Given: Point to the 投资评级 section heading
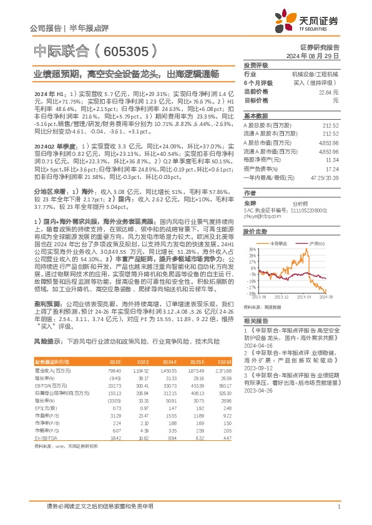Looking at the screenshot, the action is click(256, 65).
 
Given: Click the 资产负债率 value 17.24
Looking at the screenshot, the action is click(333, 168).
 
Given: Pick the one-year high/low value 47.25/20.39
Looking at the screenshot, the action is click(323, 177).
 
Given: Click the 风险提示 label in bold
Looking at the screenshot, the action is click(49, 342).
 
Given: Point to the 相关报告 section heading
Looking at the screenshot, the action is click(256, 319).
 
